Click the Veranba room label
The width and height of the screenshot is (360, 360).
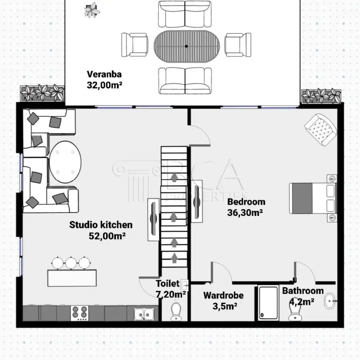pos(104,74)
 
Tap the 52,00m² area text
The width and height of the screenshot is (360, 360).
pos(107,236)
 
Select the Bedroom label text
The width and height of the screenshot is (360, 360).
pos(246,202)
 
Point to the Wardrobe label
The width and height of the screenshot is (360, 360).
pos(223,295)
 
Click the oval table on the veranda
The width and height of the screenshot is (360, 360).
pos(186,46)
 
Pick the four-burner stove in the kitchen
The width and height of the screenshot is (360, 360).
pos(79,313)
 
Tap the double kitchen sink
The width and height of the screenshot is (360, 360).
pos(144,314)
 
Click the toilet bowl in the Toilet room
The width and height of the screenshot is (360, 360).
pos(176,312)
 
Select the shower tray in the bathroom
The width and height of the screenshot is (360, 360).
pos(269,303)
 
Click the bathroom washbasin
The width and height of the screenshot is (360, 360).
pos(330,300)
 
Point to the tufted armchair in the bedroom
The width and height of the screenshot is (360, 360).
pos(321,130)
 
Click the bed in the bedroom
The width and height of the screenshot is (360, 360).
pos(313,198)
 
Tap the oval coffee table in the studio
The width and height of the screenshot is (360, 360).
pos(65,162)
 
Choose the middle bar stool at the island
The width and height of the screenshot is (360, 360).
pos(71,263)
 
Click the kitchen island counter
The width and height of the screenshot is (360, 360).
pos(72,278)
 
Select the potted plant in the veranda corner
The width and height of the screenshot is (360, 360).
pos(92,10)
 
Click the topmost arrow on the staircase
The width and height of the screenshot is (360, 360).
pos(174,177)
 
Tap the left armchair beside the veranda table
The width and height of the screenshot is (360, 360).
pos(135,45)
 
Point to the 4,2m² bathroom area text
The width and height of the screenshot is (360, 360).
pos(301,301)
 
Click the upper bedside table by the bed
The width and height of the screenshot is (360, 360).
pos(332,179)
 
